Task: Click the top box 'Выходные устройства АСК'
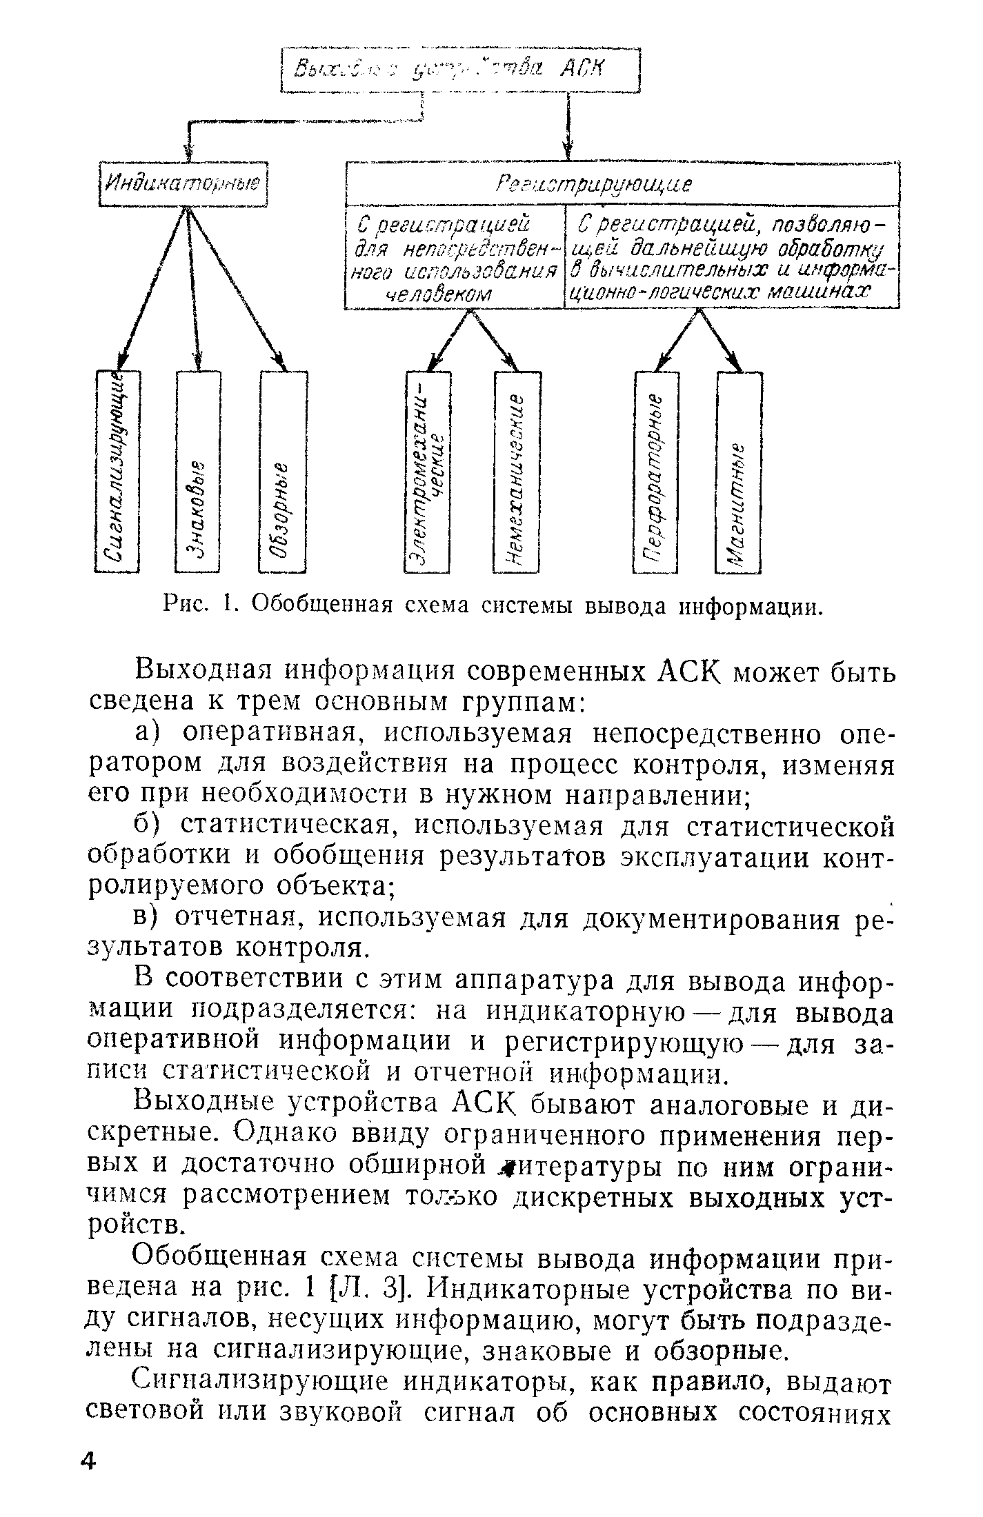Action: pos(461,69)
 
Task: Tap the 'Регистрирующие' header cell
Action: pos(622,184)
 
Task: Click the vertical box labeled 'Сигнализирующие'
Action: pos(117,472)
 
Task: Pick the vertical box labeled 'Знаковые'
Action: pos(198,472)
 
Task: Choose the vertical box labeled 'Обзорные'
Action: pos(283,472)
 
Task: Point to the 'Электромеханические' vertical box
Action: pos(427,472)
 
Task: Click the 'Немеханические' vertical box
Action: pos(517,472)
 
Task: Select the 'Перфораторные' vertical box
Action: pos(656,472)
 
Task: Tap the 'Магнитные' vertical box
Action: pos(739,472)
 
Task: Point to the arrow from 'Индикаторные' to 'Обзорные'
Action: pos(238,290)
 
